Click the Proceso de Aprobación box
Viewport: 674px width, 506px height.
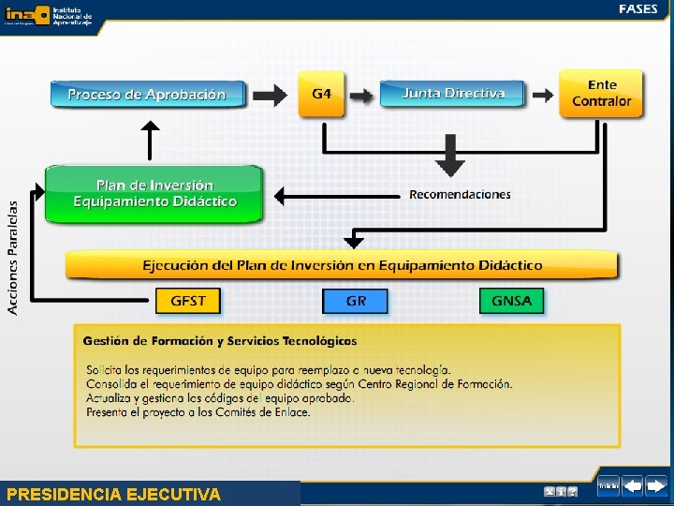(147, 94)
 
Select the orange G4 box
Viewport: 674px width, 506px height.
(321, 94)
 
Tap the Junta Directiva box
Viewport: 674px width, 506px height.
(453, 94)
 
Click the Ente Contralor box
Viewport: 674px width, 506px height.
(601, 93)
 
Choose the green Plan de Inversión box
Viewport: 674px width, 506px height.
(154, 194)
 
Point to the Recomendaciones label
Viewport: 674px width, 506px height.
(460, 194)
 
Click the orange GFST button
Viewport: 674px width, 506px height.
(195, 301)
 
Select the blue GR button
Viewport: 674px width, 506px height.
(355, 301)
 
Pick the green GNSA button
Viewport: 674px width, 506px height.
(511, 301)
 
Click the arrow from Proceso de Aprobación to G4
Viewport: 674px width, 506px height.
(271, 94)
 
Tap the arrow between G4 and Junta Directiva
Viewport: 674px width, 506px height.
(361, 94)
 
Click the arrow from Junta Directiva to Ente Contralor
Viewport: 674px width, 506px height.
(542, 94)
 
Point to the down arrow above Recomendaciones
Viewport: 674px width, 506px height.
(451, 156)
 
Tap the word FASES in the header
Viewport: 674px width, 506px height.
(637, 8)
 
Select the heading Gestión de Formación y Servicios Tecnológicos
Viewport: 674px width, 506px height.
(219, 340)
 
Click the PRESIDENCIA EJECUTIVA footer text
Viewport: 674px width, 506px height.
(113, 494)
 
